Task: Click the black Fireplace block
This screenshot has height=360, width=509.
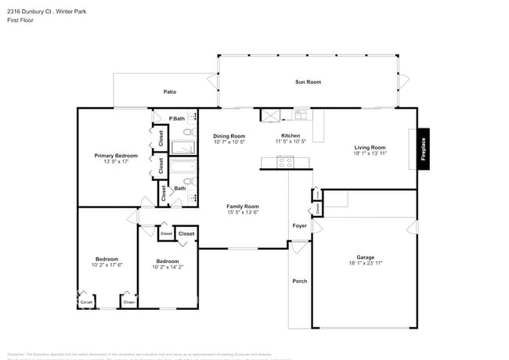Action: [423, 149]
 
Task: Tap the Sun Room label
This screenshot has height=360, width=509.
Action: [308, 82]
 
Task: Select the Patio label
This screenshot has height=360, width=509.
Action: [169, 92]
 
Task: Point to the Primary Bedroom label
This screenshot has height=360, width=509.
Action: [116, 156]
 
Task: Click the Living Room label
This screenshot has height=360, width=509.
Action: [370, 147]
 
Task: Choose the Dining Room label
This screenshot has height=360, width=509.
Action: [229, 136]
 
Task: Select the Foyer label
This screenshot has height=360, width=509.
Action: [300, 225]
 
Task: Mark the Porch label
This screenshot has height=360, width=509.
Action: [299, 282]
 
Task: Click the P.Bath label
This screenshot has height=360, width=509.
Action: [177, 118]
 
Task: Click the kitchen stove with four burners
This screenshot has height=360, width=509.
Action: [285, 163]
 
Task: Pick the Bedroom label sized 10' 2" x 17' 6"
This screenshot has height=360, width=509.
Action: [106, 259]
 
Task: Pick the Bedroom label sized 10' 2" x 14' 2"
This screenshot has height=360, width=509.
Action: [167, 261]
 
